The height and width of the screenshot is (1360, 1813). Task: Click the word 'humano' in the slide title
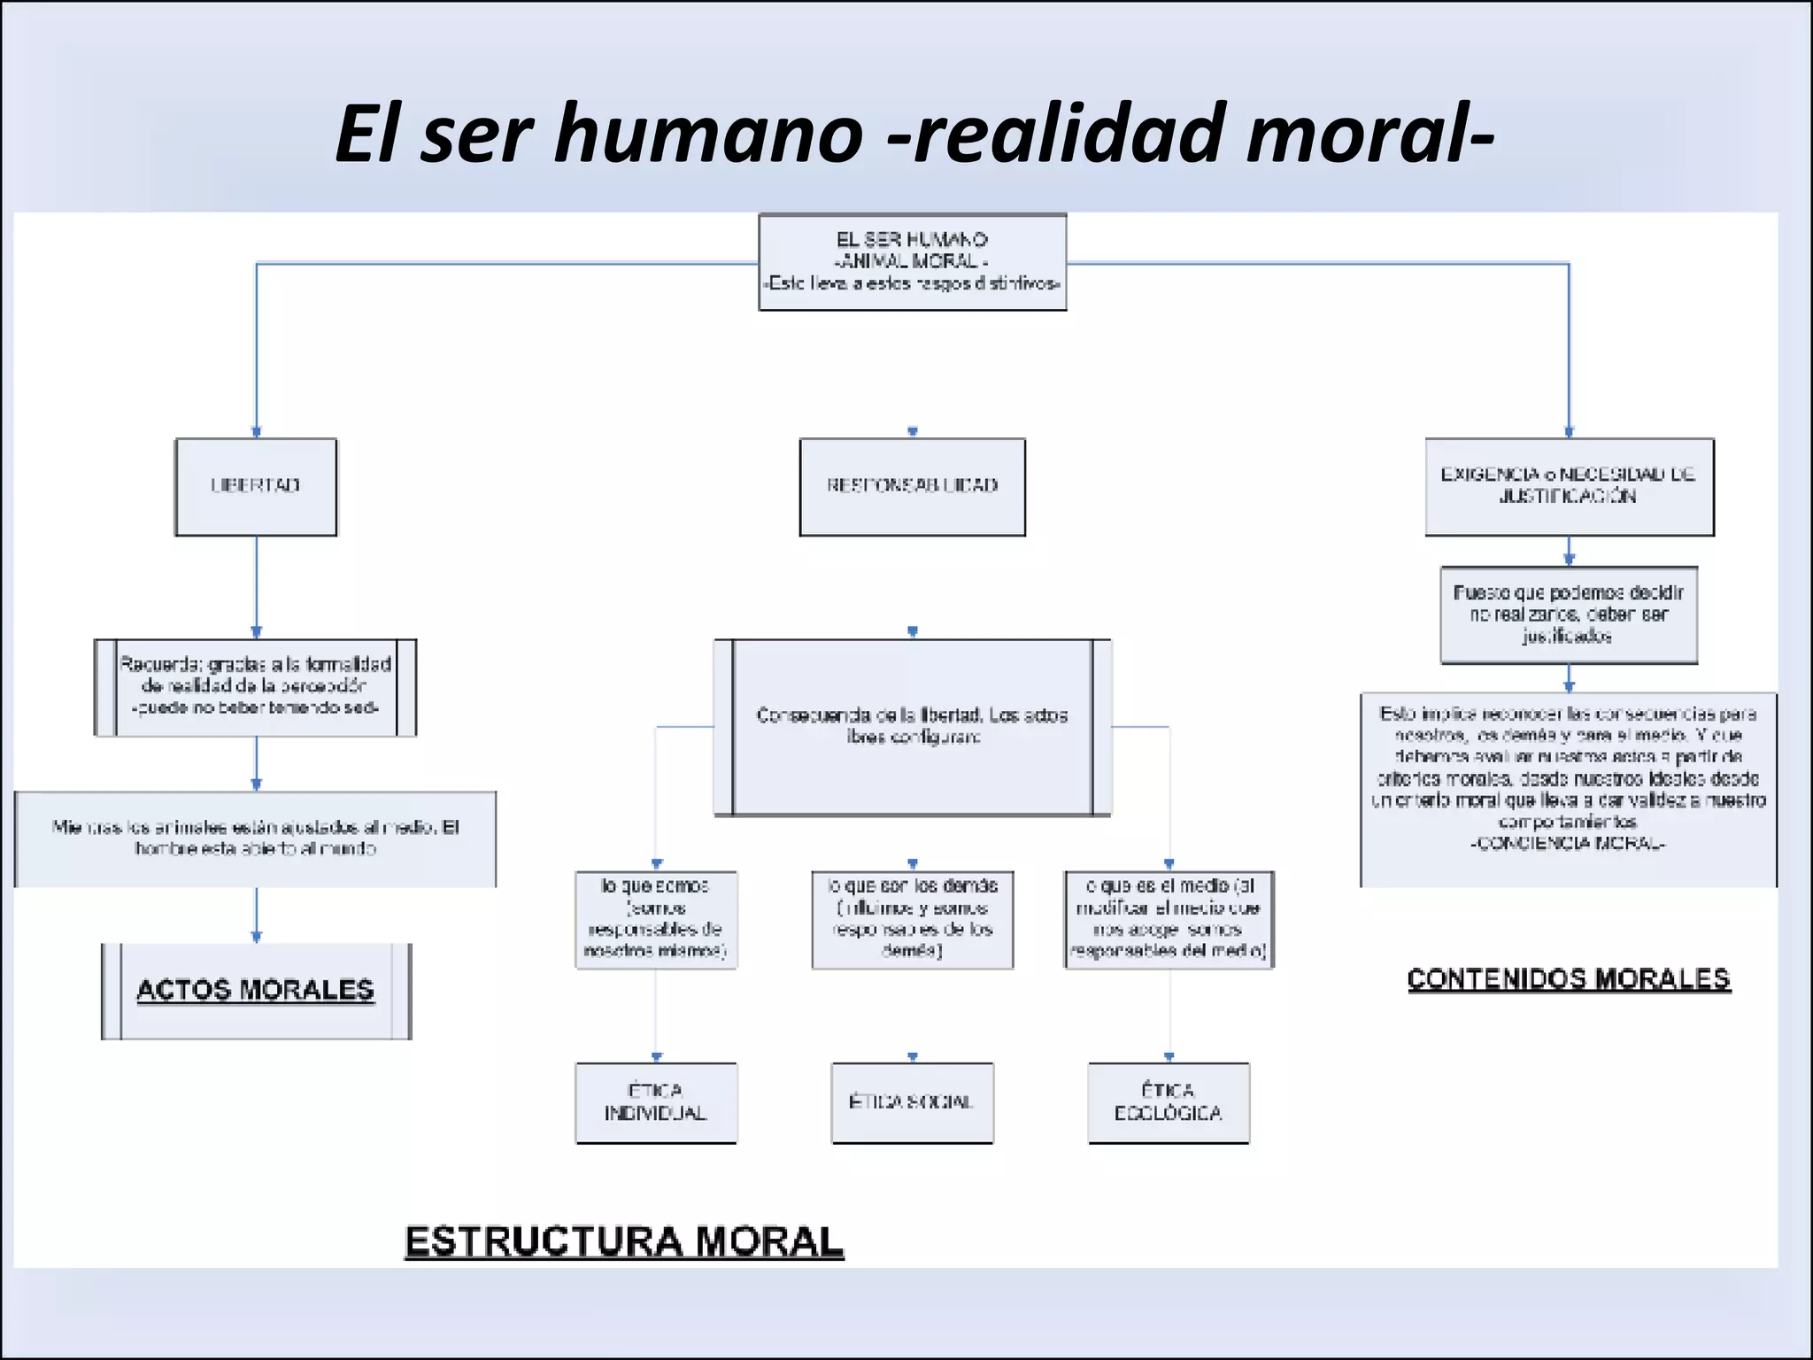click(x=708, y=135)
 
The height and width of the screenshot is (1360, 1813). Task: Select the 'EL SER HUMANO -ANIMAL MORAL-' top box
click(x=912, y=261)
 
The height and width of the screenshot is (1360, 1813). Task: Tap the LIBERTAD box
click(x=256, y=486)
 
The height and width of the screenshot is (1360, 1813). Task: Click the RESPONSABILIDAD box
click(x=912, y=486)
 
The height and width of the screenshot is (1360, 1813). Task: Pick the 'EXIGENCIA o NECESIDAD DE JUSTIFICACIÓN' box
click(x=1569, y=486)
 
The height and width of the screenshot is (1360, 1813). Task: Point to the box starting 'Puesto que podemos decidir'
click(x=1568, y=614)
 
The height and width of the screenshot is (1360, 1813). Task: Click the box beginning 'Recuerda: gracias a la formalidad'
click(x=255, y=687)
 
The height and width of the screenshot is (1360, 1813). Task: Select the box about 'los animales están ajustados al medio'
click(x=255, y=838)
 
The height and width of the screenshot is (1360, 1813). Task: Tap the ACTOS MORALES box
click(x=256, y=991)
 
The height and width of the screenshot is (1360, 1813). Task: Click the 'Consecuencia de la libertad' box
click(x=912, y=727)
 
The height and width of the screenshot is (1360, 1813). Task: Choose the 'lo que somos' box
click(x=656, y=919)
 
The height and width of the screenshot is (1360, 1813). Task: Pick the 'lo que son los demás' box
click(x=912, y=919)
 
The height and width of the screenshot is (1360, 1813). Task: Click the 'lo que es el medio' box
click(x=1169, y=919)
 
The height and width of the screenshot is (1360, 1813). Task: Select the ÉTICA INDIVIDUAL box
click(x=656, y=1102)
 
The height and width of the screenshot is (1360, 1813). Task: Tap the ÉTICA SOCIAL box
click(x=912, y=1102)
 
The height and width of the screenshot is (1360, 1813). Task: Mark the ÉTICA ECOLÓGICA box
click(x=1169, y=1102)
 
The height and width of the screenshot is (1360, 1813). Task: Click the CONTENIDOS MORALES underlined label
click(x=1568, y=979)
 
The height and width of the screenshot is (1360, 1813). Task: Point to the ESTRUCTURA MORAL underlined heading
click(x=624, y=1241)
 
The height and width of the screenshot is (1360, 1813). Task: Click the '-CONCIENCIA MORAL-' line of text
click(x=1568, y=844)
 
